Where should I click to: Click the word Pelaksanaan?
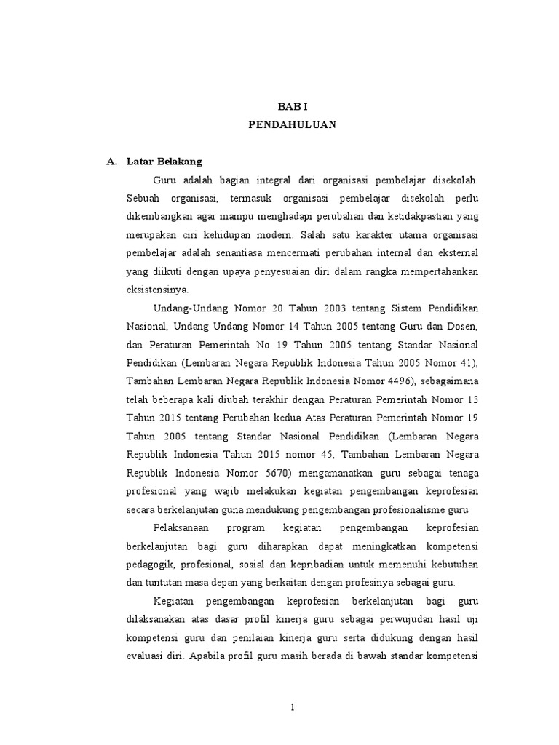click(186, 527)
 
